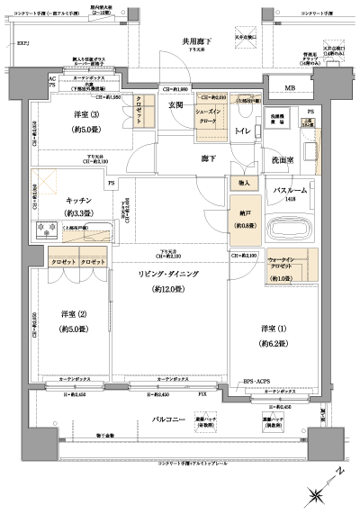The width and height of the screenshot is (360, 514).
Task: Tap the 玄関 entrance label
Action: point(175,105)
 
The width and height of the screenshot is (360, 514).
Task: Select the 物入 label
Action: point(245,184)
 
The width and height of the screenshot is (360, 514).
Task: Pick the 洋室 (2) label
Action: point(75,314)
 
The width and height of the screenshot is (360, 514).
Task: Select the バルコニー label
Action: point(168,420)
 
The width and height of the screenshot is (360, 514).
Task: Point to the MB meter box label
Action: point(290,88)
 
